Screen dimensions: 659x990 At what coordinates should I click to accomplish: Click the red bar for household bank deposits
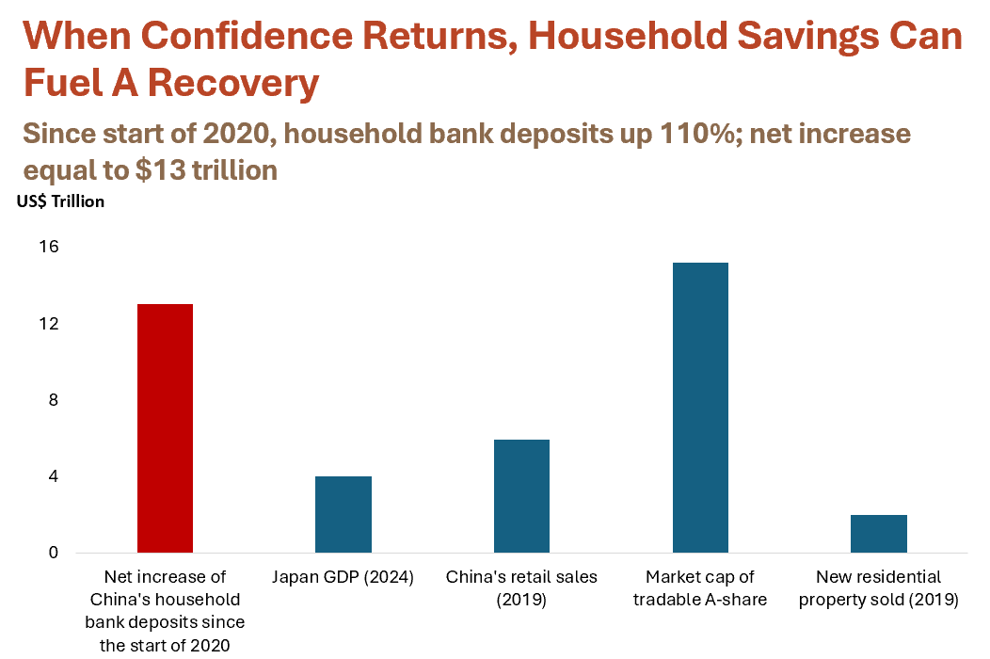tap(165, 428)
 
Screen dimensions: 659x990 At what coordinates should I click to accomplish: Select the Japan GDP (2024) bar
tap(343, 514)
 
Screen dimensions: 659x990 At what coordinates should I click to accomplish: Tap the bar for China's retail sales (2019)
tap(521, 496)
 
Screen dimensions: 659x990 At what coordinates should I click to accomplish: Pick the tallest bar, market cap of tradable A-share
tap(700, 408)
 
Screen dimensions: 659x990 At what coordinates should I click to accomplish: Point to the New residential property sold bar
tap(879, 534)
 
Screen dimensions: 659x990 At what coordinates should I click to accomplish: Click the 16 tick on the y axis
tap(49, 247)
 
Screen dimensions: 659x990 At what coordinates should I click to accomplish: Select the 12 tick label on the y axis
tap(49, 324)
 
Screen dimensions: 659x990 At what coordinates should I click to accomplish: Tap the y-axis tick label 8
tap(53, 400)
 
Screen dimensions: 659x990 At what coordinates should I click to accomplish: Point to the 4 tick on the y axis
tap(53, 476)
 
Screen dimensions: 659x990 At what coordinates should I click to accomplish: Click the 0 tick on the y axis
tap(53, 553)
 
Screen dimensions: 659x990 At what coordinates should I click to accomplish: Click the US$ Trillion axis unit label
tap(60, 201)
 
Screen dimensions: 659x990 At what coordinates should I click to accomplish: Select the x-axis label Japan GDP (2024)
tap(343, 577)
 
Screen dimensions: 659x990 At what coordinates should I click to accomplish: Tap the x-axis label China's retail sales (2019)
tap(521, 587)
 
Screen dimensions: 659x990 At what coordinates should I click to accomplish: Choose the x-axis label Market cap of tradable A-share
tap(700, 587)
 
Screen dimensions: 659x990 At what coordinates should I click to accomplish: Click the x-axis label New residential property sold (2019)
tap(879, 587)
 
